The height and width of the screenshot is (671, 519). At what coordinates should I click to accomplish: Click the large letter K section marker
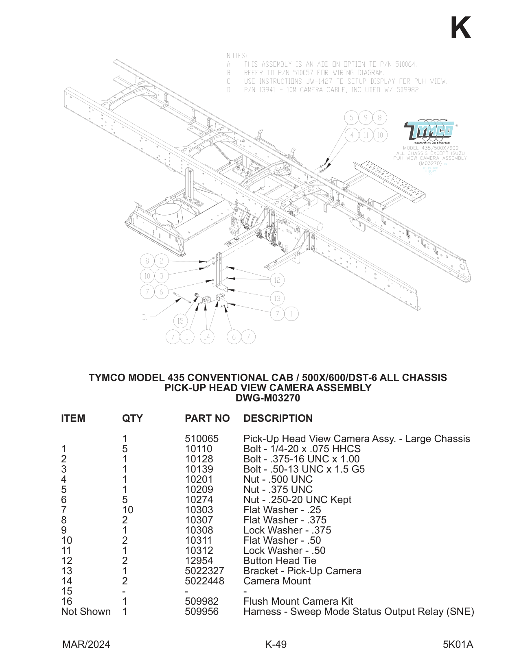tap(460, 28)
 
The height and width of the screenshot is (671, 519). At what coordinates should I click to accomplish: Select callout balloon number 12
tap(277, 280)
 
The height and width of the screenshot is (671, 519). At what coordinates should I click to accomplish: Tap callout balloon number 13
tap(277, 298)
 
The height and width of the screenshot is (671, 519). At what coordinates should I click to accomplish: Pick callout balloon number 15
tap(180, 321)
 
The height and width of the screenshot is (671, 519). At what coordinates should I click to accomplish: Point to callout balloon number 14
tap(207, 336)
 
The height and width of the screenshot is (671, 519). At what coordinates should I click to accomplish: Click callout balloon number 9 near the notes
tap(366, 118)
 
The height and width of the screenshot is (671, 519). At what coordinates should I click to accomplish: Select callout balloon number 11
tap(366, 135)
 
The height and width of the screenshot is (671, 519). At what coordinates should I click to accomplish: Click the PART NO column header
tap(207, 418)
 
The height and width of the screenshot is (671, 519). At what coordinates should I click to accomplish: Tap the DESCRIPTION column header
tap(278, 418)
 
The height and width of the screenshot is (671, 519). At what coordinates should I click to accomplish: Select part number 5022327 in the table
tap(204, 571)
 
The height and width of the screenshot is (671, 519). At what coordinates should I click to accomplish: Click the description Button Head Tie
tap(279, 560)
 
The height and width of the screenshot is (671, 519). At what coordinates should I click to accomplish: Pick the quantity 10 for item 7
tap(127, 510)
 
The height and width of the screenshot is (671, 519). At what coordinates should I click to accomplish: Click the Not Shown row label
tap(85, 611)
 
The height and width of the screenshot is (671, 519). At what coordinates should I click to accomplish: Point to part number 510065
tap(201, 438)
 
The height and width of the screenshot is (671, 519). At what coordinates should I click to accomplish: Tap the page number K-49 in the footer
tap(276, 644)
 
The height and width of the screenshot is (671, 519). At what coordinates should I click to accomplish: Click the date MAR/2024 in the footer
tap(86, 644)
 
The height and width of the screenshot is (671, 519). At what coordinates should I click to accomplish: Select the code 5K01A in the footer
tap(458, 644)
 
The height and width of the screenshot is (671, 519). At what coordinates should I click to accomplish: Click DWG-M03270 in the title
tap(267, 398)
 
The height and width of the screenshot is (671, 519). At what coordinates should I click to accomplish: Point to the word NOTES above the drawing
tap(237, 56)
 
